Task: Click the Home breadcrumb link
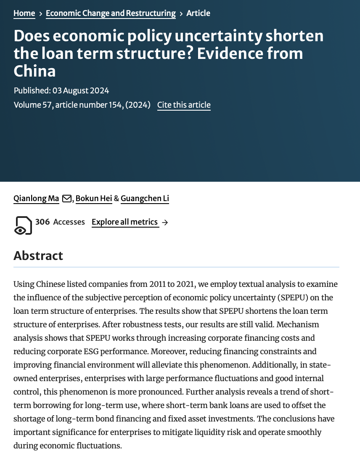[24, 13]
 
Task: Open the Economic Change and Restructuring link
[111, 13]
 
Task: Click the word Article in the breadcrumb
[198, 13]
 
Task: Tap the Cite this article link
[184, 105]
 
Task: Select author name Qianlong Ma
[36, 199]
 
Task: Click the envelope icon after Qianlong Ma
[66, 199]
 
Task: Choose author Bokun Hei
[94, 199]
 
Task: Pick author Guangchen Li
[145, 199]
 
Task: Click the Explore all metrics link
[125, 222]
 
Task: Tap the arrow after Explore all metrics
[165, 223]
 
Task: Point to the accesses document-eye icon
[23, 225]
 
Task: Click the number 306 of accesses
[42, 222]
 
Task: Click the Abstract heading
[38, 256]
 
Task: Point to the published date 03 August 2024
[81, 90]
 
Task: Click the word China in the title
[34, 71]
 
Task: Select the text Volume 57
[33, 105]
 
